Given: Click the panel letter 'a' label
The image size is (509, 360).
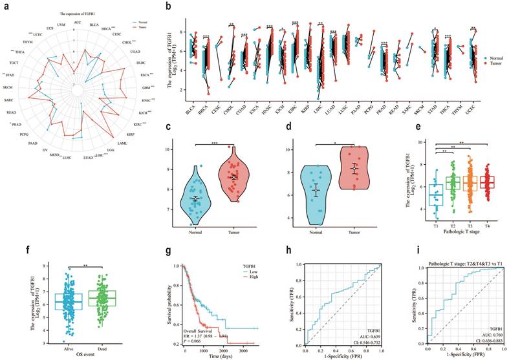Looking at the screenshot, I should click(5, 5).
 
